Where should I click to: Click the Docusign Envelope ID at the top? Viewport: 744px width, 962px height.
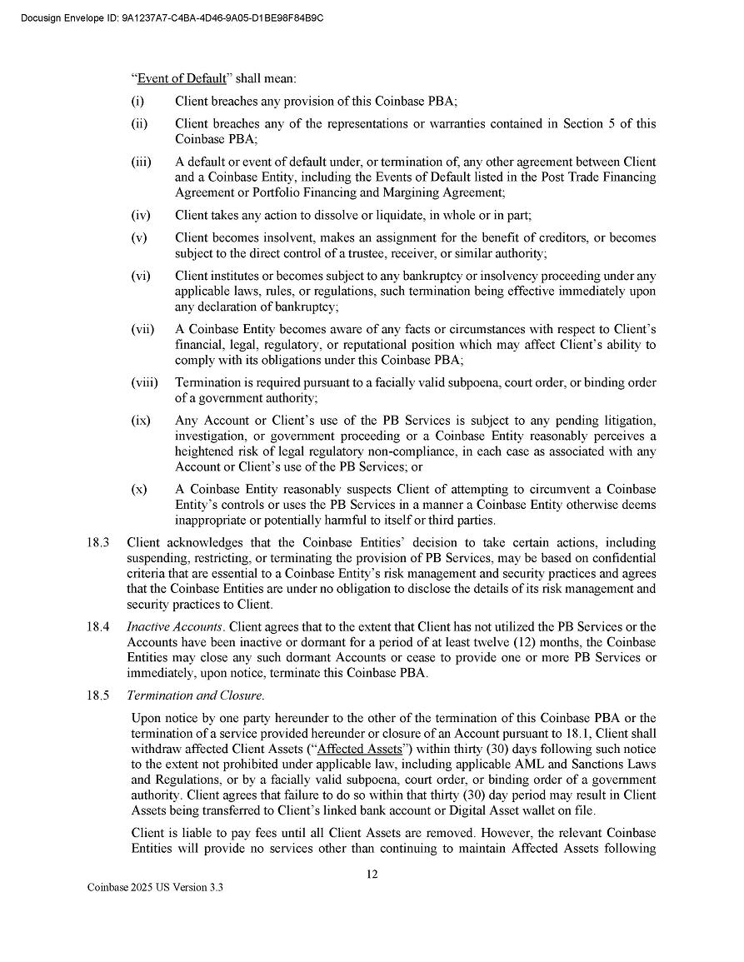(x=170, y=17)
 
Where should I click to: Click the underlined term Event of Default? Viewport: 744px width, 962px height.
(x=182, y=79)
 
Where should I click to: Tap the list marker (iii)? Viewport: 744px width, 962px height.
(x=141, y=162)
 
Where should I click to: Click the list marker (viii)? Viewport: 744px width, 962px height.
(x=144, y=383)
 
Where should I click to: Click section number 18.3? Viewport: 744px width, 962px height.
(x=98, y=543)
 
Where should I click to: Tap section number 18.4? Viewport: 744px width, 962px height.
(x=98, y=627)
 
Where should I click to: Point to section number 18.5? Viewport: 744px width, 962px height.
(x=98, y=695)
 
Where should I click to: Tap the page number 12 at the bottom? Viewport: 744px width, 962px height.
(x=372, y=875)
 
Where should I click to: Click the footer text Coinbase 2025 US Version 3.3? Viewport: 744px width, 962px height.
(x=156, y=888)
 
